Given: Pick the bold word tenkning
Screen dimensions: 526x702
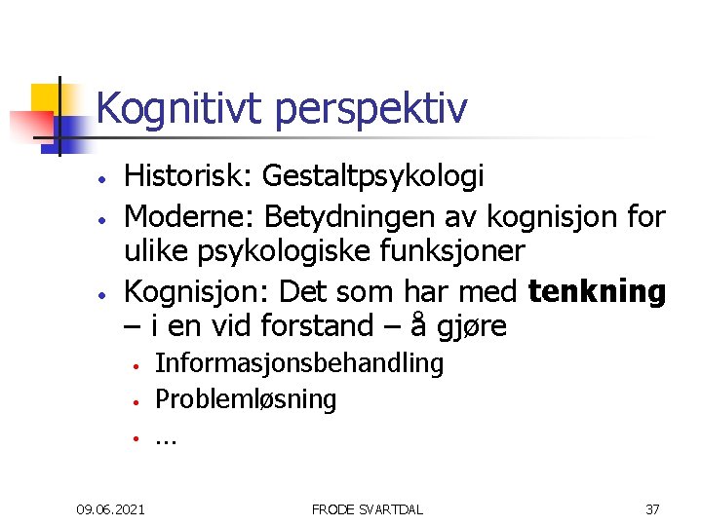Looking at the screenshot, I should [x=598, y=290].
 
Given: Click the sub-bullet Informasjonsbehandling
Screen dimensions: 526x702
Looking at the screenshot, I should [x=299, y=364].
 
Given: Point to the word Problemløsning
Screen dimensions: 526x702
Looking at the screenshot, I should [x=246, y=399].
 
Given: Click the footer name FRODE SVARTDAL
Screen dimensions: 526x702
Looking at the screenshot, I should [x=367, y=508].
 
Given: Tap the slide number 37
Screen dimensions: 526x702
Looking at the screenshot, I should [x=652, y=508].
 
